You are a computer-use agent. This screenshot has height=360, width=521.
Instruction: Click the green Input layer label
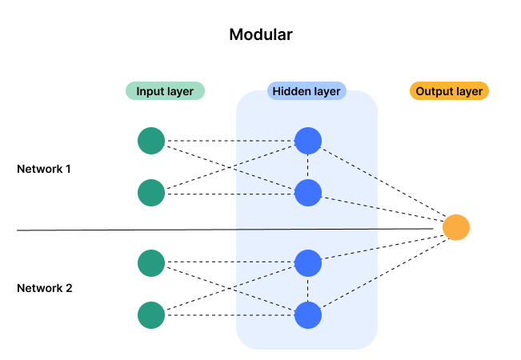[165, 91]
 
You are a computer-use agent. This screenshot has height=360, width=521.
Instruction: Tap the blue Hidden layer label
[307, 91]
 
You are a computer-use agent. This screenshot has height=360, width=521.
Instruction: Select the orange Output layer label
[449, 91]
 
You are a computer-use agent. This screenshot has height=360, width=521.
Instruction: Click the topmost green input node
[151, 141]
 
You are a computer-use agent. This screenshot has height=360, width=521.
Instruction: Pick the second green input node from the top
[151, 193]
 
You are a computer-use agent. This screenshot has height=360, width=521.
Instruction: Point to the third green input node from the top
[151, 263]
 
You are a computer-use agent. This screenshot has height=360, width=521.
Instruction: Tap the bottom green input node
[151, 315]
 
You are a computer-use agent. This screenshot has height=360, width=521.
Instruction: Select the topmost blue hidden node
[308, 141]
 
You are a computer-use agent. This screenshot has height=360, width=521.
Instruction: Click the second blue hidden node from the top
[308, 193]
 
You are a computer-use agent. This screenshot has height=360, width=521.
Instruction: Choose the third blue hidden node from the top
[308, 263]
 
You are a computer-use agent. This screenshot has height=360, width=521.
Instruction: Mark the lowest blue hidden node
[308, 315]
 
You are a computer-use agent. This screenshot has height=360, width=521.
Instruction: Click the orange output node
[456, 228]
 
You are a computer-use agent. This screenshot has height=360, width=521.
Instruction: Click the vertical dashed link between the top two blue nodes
[308, 166]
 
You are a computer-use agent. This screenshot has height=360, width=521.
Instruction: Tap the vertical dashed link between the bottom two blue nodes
[308, 289]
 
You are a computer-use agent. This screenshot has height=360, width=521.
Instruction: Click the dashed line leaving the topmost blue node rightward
[350, 161]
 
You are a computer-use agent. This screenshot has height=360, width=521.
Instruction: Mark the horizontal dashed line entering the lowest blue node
[264, 315]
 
